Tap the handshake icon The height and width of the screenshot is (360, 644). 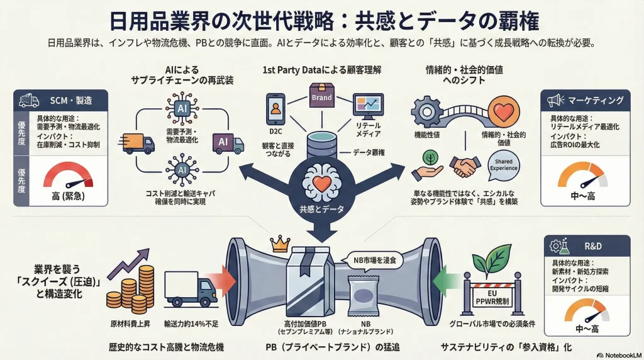pos(465,167)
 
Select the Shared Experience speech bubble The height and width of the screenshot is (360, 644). pos(503,166)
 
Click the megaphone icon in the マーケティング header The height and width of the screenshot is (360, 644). pos(555,100)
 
